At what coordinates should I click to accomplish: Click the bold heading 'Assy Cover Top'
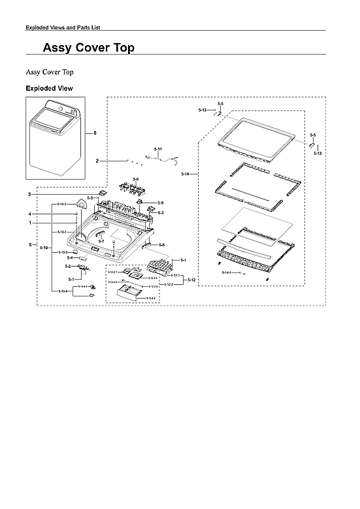point(88,48)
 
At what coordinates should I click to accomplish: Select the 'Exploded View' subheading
point(49,88)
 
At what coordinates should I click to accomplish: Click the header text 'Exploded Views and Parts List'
point(62,27)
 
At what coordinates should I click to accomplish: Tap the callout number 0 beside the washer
point(95,133)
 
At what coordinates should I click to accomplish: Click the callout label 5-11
point(157,150)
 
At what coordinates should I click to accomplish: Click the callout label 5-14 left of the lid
point(186,174)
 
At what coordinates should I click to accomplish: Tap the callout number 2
point(97,160)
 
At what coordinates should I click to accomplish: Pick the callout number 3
point(29,194)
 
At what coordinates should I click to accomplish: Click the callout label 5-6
point(136,179)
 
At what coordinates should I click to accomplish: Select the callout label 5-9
point(160,203)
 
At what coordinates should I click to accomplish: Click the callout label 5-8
point(161,244)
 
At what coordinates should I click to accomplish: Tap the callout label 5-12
point(191,280)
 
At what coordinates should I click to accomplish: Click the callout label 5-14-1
point(226,271)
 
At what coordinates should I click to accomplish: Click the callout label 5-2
point(69,267)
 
